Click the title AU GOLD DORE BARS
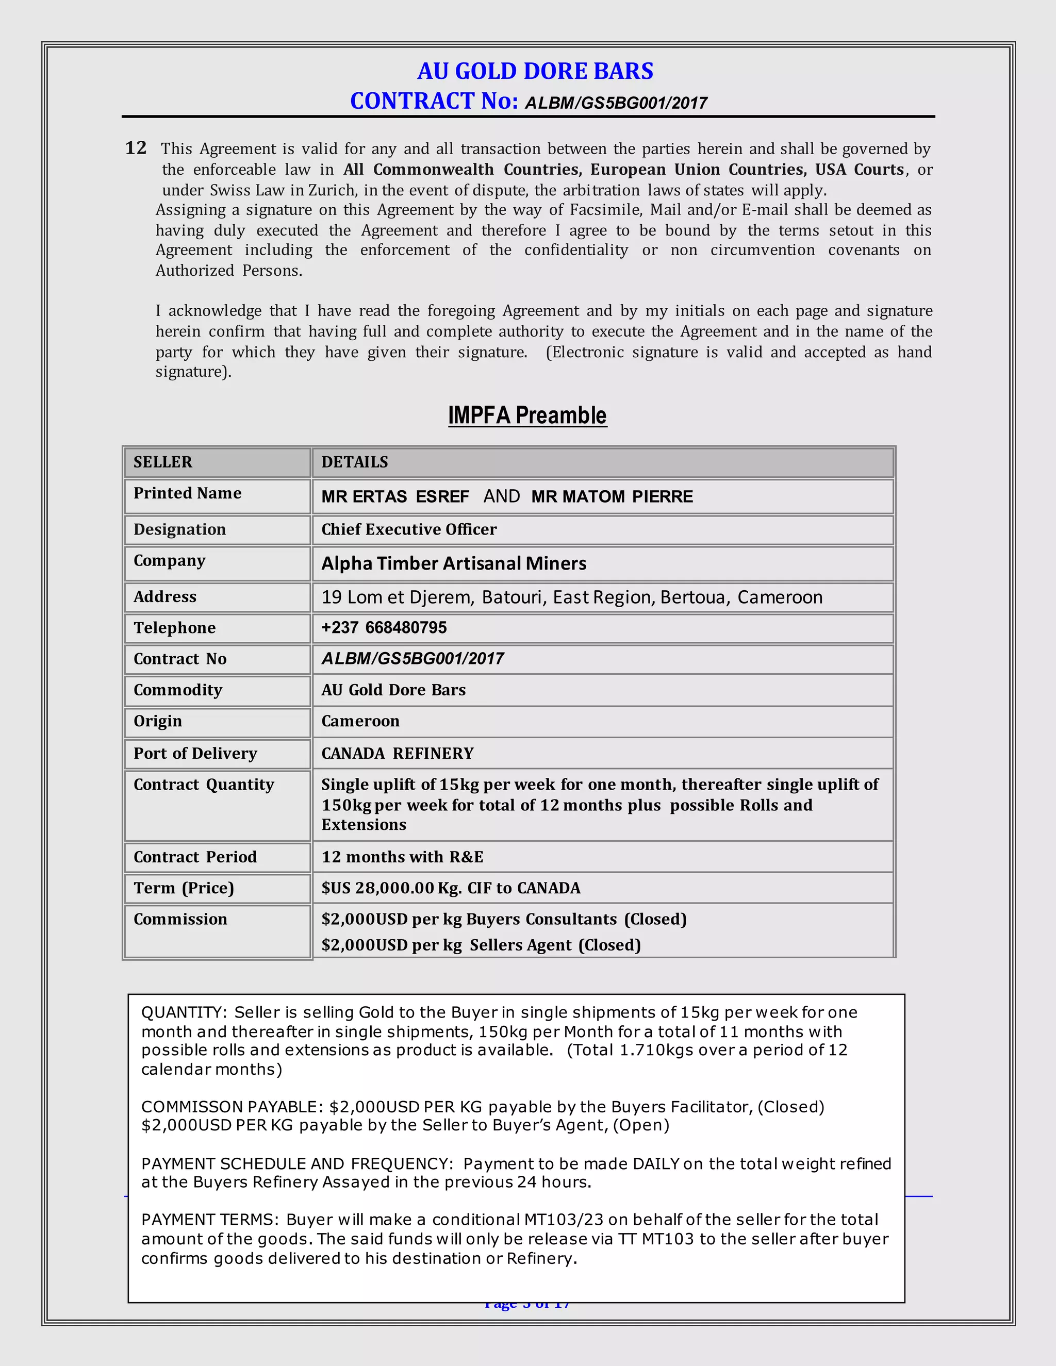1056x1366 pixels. pyautogui.click(x=535, y=71)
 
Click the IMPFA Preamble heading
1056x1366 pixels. pyautogui.click(x=527, y=415)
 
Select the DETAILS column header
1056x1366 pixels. pyautogui.click(x=355, y=462)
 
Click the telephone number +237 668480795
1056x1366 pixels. pyautogui.click(x=384, y=627)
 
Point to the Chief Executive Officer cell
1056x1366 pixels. pyautogui.click(x=409, y=529)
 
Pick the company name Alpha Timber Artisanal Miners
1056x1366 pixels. pyautogui.click(x=454, y=563)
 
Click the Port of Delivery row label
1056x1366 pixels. pyautogui.click(x=195, y=753)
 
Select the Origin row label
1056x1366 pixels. pyautogui.click(x=158, y=721)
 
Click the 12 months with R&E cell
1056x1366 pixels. pyautogui.click(x=402, y=857)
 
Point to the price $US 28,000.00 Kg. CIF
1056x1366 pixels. pyautogui.click(x=451, y=888)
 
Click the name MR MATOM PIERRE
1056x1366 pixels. pyautogui.click(x=612, y=496)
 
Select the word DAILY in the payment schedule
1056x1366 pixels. pyautogui.click(x=656, y=1163)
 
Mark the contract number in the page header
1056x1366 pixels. pyautogui.click(x=616, y=103)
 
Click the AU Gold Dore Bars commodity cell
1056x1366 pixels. pyautogui.click(x=393, y=690)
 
